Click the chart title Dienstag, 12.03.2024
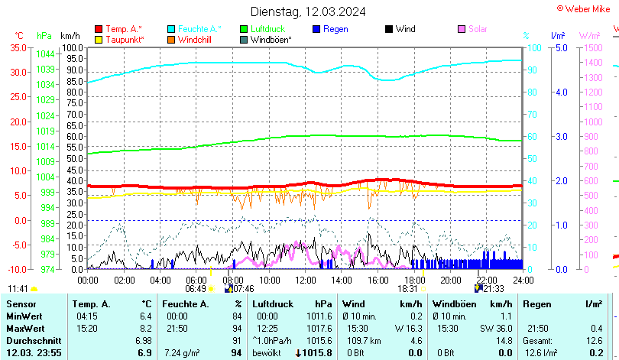click(308, 11)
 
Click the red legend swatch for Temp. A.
click(98, 29)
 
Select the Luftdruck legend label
click(268, 29)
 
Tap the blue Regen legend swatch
click(316, 29)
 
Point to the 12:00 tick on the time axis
click(305, 280)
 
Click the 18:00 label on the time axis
click(414, 280)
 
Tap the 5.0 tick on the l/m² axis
click(559, 47)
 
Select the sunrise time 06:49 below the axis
click(196, 289)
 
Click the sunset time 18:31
click(407, 289)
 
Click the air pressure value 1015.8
click(317, 352)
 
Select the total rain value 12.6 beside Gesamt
click(593, 340)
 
